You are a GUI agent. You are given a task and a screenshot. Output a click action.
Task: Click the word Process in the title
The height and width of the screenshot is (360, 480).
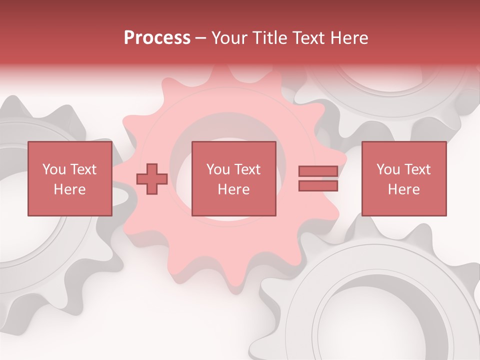point(157,38)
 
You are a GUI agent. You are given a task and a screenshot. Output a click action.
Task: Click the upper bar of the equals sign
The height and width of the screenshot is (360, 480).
point(318,171)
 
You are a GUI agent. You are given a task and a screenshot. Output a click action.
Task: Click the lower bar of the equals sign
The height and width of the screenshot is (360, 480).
point(318,186)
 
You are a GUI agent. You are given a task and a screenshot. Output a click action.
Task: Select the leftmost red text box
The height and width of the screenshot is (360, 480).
point(69,178)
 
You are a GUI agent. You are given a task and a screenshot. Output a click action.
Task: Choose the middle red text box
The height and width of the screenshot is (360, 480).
point(233,178)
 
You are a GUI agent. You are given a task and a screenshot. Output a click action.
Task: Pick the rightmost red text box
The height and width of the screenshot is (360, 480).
point(403,178)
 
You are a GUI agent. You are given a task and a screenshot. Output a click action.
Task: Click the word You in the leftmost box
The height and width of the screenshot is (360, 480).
point(53,169)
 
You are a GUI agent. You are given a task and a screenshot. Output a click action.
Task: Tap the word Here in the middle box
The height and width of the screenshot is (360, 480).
point(233,189)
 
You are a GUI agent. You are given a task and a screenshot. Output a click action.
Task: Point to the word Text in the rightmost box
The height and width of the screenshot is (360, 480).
point(418,169)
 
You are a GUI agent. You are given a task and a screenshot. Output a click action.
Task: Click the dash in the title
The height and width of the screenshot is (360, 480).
point(200,38)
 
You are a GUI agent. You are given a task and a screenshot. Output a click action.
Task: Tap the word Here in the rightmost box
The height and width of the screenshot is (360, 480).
point(403,189)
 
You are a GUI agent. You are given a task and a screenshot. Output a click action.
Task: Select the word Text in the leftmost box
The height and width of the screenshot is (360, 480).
point(83,169)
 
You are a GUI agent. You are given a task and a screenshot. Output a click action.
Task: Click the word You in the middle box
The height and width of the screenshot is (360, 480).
point(217,169)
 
